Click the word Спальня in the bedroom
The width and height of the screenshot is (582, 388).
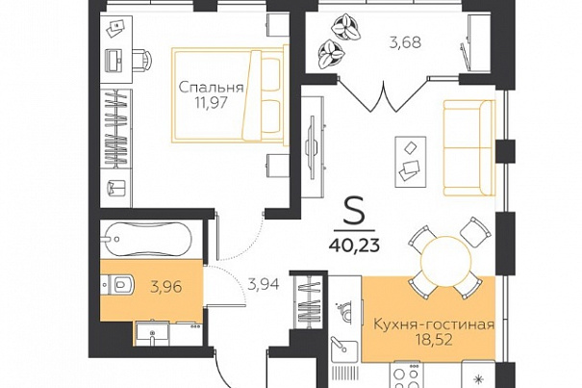tap(212, 88)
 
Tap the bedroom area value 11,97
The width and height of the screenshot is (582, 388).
tap(212, 103)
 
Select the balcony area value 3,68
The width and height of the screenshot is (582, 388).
tap(405, 42)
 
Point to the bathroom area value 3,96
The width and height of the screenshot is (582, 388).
tap(166, 287)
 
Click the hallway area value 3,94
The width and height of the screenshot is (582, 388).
tap(264, 285)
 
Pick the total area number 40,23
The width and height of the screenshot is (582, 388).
tap(354, 246)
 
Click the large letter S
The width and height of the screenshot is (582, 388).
tap(354, 211)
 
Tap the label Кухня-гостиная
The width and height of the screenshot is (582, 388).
tap(434, 324)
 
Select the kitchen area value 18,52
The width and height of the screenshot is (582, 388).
tap(434, 340)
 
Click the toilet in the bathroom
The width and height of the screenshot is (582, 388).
tap(117, 285)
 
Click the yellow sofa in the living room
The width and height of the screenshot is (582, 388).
tap(469, 147)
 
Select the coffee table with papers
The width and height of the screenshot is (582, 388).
tap(411, 162)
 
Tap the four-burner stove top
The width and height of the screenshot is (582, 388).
tap(406, 375)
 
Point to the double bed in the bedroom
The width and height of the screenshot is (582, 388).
tap(230, 95)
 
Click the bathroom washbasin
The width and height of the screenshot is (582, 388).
tap(152, 333)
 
